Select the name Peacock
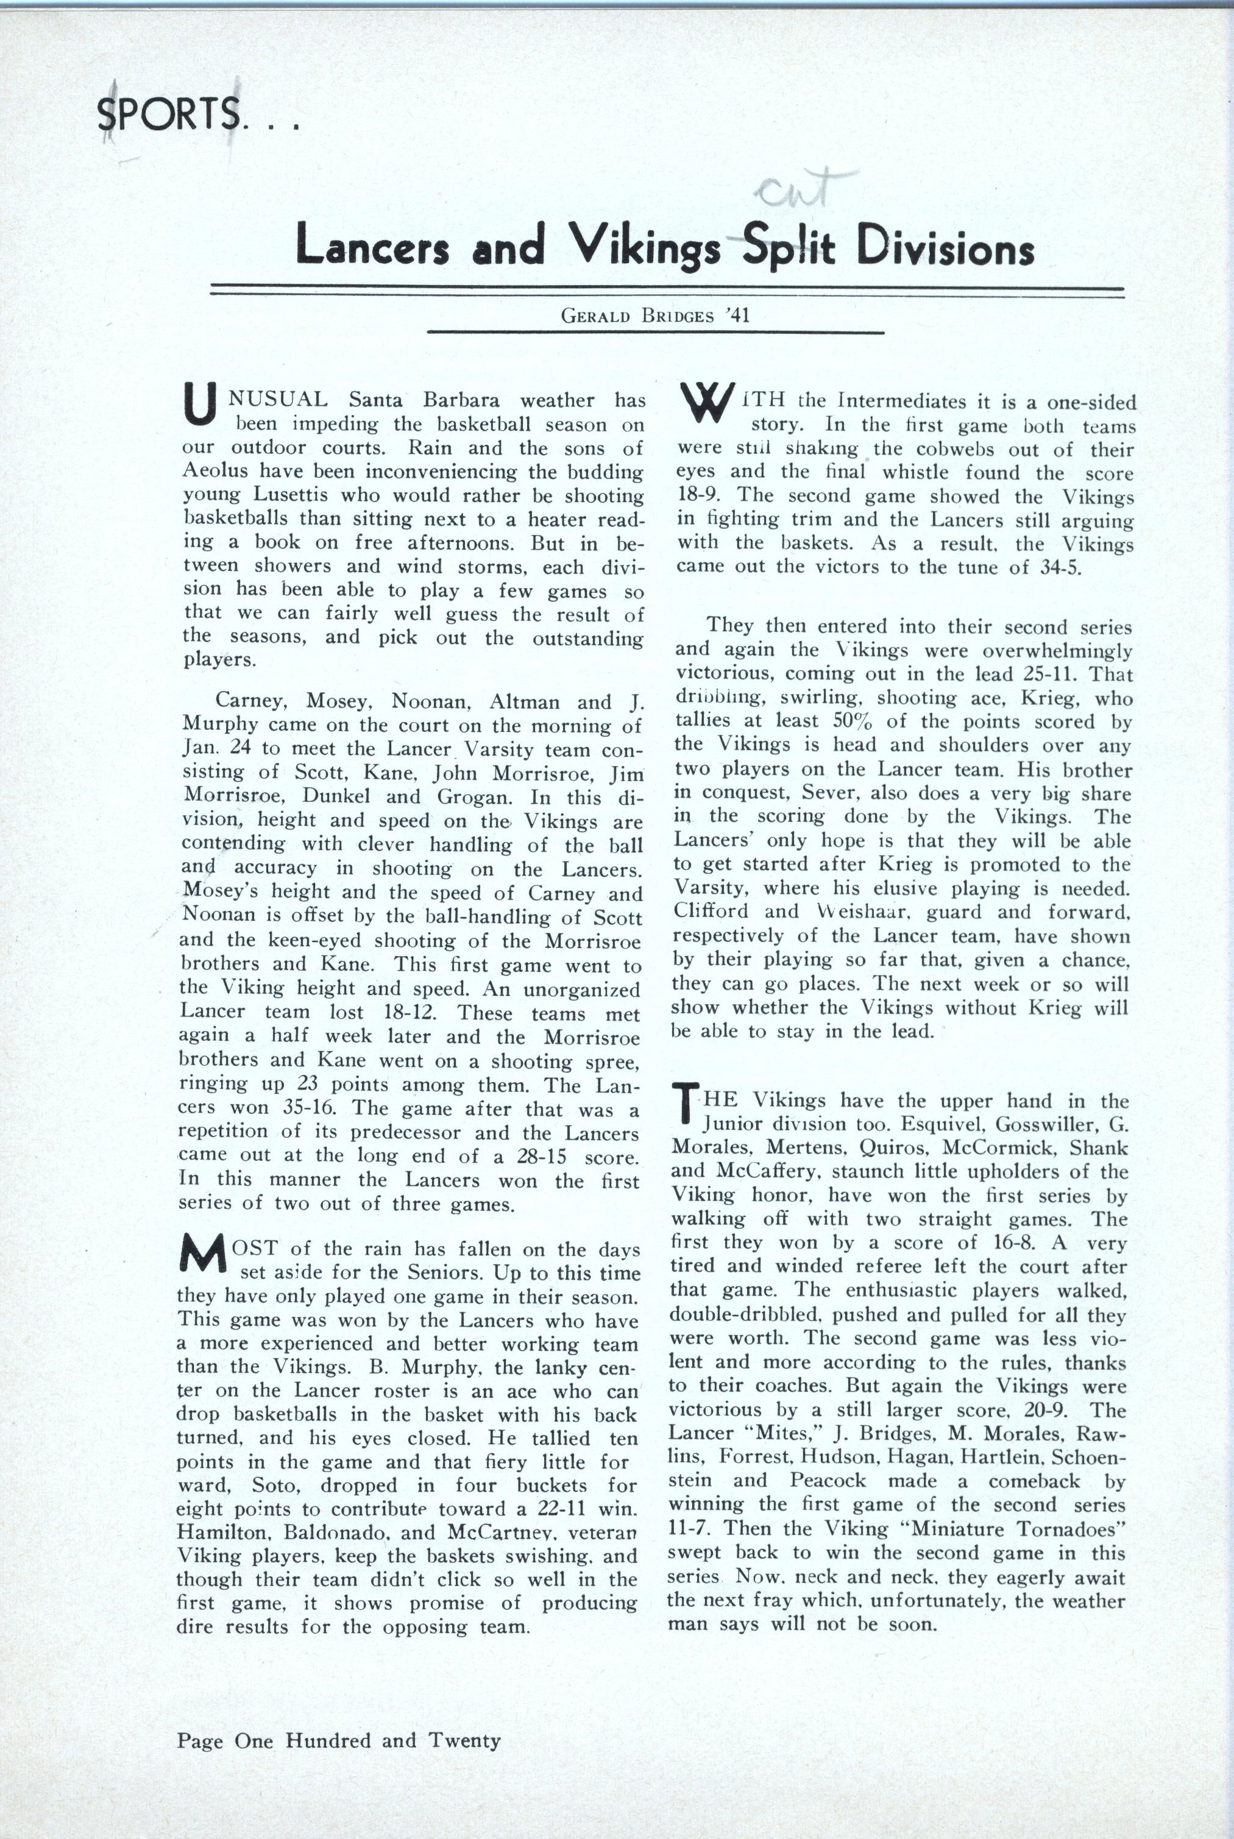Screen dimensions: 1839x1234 [823, 1480]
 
